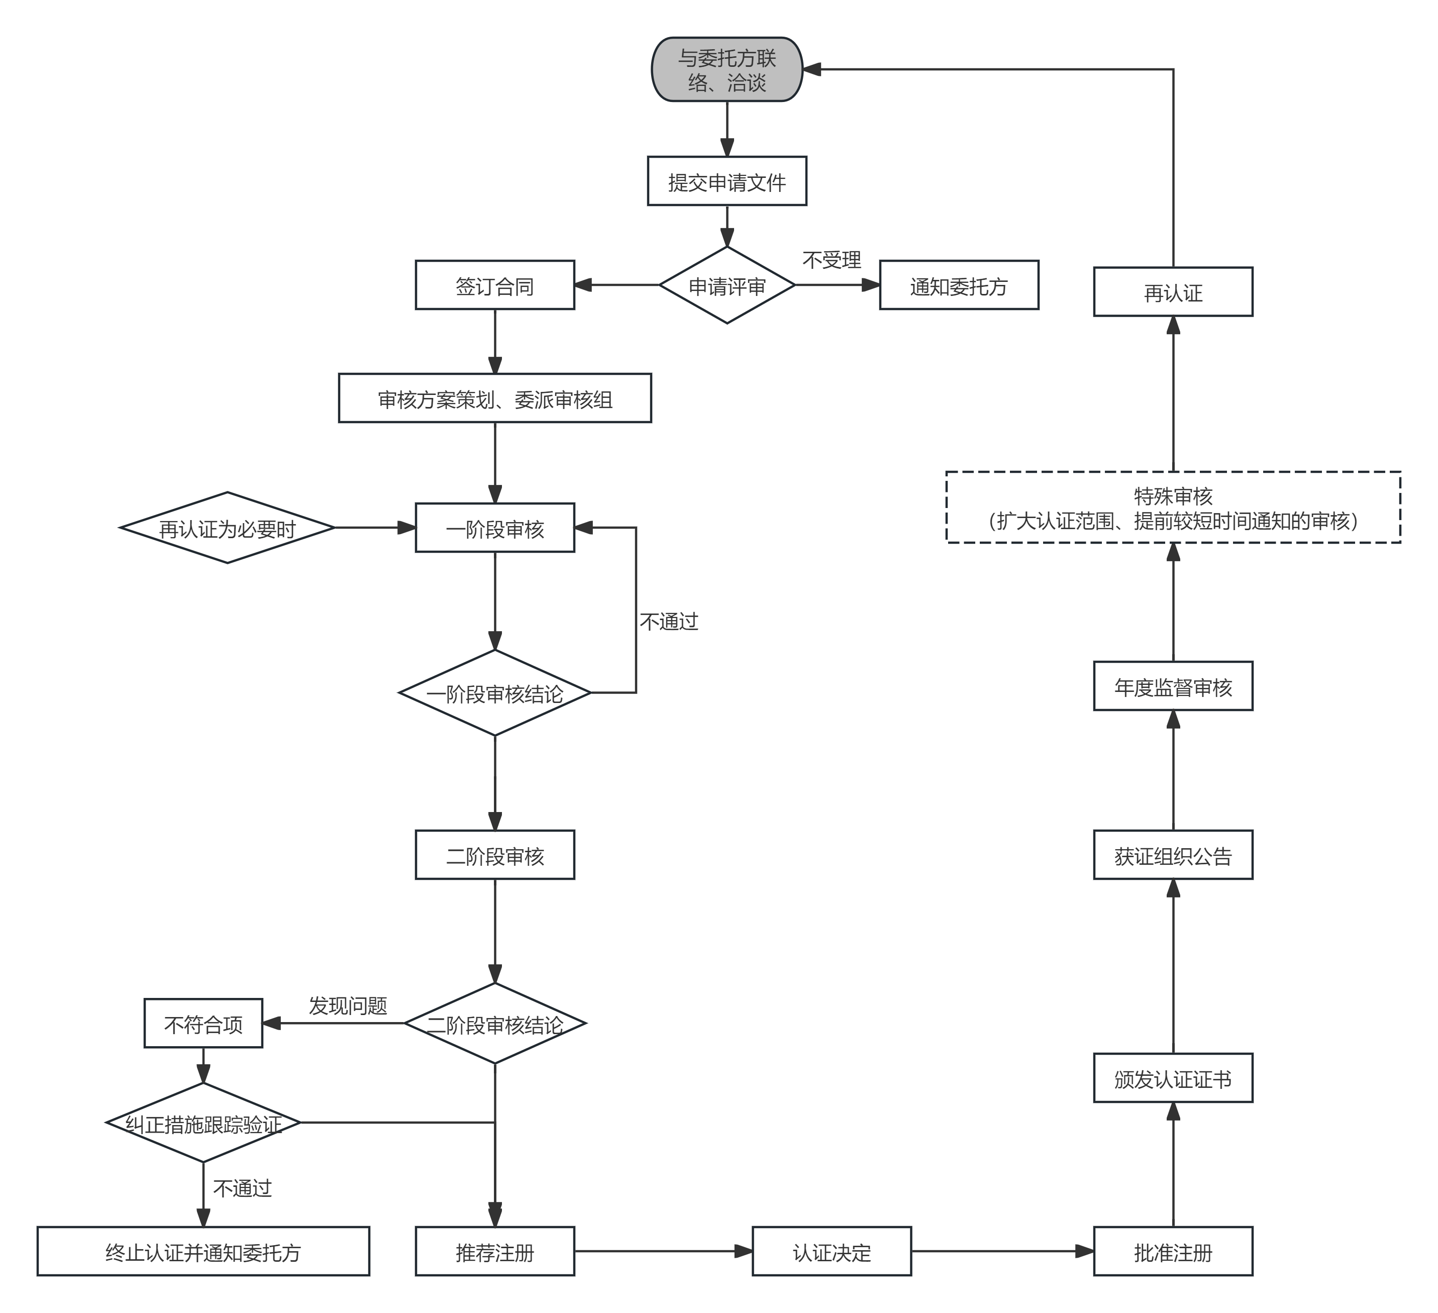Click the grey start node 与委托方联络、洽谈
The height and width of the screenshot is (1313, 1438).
tap(727, 70)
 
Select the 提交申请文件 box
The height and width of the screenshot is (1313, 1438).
tap(727, 182)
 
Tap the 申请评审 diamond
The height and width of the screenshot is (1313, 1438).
tap(727, 285)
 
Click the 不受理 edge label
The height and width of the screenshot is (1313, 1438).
tap(832, 260)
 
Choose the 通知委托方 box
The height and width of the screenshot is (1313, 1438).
tap(959, 285)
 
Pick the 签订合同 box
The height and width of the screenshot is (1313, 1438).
tap(494, 285)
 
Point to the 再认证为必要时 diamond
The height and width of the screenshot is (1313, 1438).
tap(227, 529)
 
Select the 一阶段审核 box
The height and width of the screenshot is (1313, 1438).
tap(494, 529)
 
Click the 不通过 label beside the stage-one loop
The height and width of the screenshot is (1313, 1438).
tap(668, 622)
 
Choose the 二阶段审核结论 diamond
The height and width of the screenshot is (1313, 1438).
tap(494, 1024)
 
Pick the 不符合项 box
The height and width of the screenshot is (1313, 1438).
tap(203, 1024)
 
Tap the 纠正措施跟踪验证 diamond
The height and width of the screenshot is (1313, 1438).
tap(203, 1123)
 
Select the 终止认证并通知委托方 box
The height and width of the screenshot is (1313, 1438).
tap(203, 1252)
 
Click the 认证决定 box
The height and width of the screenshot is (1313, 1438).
tap(832, 1252)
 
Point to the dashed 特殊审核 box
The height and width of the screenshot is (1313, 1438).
tap(1173, 508)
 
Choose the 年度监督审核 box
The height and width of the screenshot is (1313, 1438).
tap(1173, 687)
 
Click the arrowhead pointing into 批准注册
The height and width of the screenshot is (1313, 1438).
tap(1086, 1252)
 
